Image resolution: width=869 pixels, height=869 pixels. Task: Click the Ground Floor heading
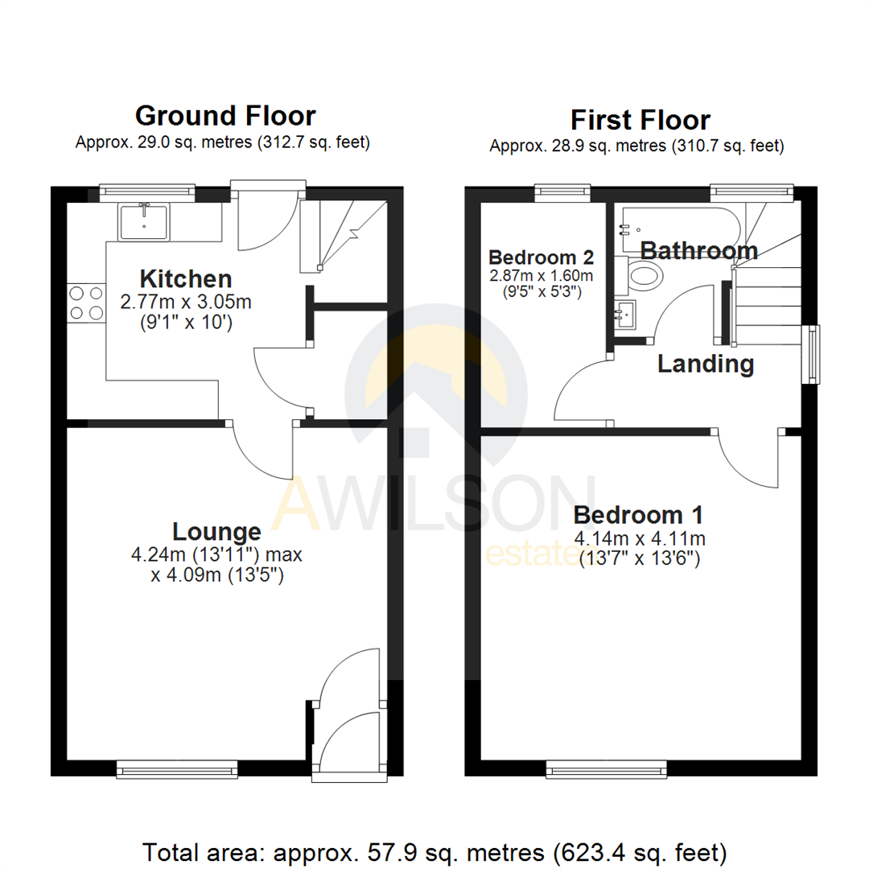[225, 116]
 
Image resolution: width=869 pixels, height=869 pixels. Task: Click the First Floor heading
[640, 121]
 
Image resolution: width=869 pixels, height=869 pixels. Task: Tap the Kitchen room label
[186, 280]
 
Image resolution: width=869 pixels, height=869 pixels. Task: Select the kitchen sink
[145, 221]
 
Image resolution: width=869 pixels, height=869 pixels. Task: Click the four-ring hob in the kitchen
[86, 303]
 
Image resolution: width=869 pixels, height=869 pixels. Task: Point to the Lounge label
[216, 532]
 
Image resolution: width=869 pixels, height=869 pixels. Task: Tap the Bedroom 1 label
[639, 514]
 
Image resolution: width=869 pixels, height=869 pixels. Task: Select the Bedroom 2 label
[542, 258]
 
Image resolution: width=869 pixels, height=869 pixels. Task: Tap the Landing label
[706, 364]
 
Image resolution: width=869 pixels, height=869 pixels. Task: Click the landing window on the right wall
[814, 353]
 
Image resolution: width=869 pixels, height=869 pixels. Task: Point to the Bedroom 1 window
[607, 771]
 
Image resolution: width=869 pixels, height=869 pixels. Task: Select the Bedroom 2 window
[561, 191]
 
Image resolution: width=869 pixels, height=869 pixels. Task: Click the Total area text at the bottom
[434, 850]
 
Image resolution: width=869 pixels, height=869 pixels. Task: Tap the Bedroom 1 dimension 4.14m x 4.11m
[639, 537]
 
